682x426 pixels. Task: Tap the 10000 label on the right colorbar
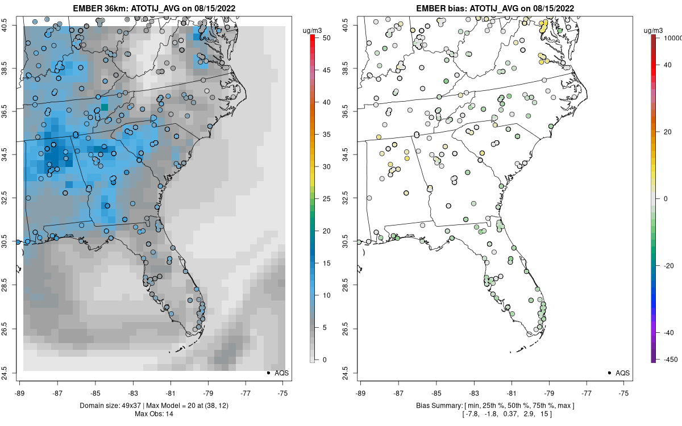pyautogui.click(x=673, y=37)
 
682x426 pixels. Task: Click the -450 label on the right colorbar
pyautogui.click(x=668, y=359)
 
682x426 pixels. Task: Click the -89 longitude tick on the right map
pyautogui.click(x=360, y=392)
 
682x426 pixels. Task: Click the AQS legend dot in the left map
pyautogui.click(x=268, y=373)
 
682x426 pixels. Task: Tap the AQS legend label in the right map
pyautogui.click(x=622, y=373)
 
